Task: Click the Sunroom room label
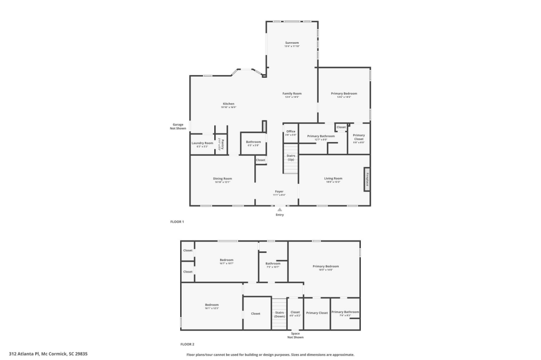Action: [x=292, y=43]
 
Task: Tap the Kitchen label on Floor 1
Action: [x=228, y=104]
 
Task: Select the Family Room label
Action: [x=292, y=94]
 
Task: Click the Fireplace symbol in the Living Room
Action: [x=367, y=179]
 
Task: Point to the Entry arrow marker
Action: [x=280, y=210]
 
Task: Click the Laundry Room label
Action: [x=202, y=143]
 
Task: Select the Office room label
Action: [x=291, y=131]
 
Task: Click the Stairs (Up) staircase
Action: [x=291, y=160]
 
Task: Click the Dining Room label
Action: [x=222, y=179]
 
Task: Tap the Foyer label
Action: [x=279, y=191]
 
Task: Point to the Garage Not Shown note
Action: [x=178, y=126]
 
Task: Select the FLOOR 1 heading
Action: [x=177, y=222]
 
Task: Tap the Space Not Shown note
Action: [x=295, y=336]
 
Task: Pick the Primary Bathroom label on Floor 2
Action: [x=345, y=312]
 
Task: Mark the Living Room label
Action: [x=333, y=178]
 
